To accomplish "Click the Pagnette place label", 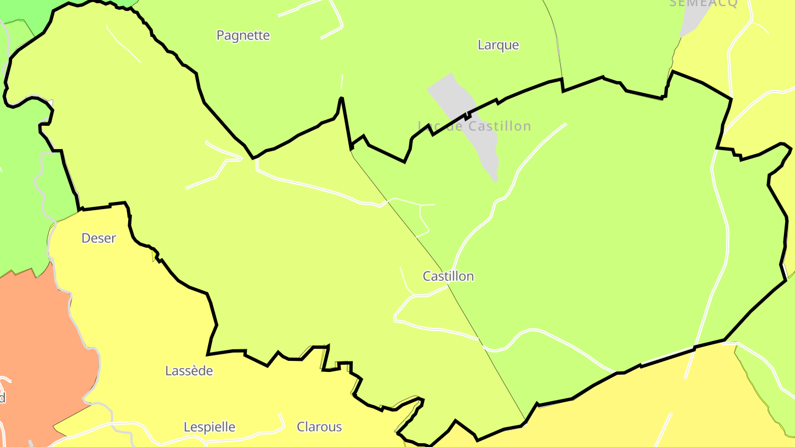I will point(243,35).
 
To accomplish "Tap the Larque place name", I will point(498,45).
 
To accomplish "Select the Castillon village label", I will point(448,276).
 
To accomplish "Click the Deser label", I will point(99,238).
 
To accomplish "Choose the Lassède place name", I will point(189,371).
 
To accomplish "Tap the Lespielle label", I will point(209,427).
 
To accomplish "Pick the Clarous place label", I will point(319,427).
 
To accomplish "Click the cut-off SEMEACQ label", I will point(703,3).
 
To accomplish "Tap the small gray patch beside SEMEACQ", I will point(693,19).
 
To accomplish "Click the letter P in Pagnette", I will point(220,35).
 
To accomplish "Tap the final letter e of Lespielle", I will point(232,428).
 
